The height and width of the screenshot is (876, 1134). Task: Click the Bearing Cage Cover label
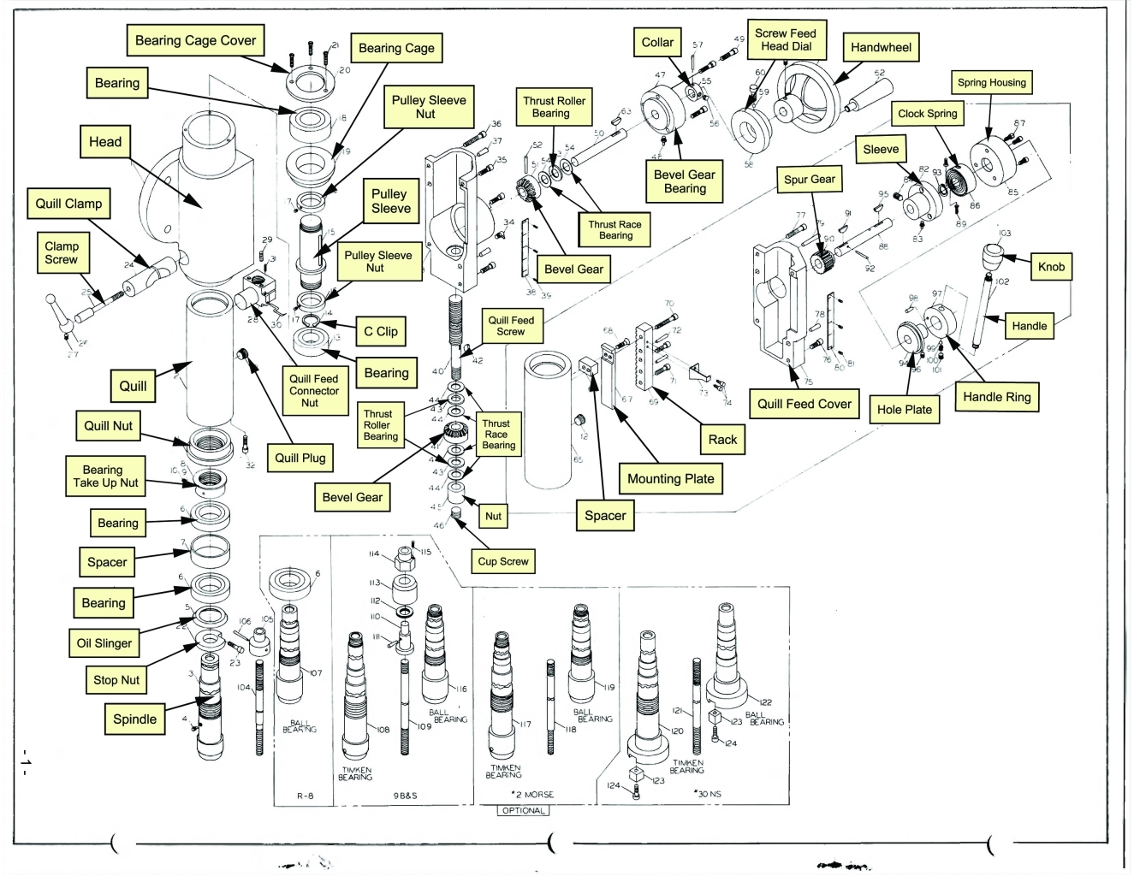[x=195, y=40]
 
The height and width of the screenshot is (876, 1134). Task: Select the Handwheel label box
[x=881, y=48]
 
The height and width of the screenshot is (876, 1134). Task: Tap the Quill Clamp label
[x=68, y=204]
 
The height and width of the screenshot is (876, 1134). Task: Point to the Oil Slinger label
[x=104, y=643]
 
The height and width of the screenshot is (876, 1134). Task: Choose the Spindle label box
[x=134, y=719]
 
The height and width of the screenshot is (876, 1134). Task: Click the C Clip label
[x=380, y=331]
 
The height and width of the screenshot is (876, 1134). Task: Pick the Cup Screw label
[x=503, y=561]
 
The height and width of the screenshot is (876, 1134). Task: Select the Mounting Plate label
[x=670, y=479]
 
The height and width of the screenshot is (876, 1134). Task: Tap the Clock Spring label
[x=927, y=113]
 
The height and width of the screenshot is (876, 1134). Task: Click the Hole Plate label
[x=904, y=409]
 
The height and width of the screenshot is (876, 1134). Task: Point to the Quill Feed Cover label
[x=804, y=404]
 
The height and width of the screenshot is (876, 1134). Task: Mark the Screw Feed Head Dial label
[x=785, y=39]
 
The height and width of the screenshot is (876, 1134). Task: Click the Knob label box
[x=1051, y=266]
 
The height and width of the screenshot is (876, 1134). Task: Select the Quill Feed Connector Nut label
[x=313, y=390]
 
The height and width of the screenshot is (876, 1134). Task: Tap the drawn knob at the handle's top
[x=994, y=254]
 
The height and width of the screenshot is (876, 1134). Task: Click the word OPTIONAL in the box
[x=523, y=810]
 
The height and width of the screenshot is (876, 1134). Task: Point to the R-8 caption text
[x=305, y=796]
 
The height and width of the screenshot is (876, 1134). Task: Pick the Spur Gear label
[x=809, y=179]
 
